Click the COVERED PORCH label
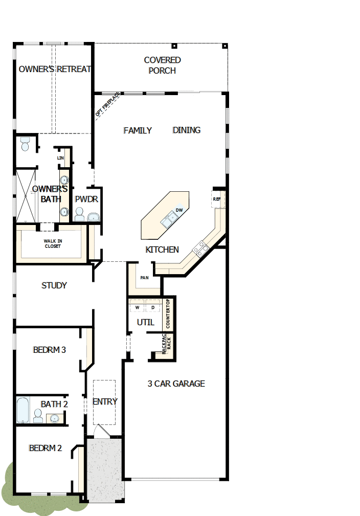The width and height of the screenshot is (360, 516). tap(162, 65)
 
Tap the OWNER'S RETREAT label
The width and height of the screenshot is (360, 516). tap(55, 69)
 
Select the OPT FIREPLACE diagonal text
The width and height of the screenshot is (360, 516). tap(107, 105)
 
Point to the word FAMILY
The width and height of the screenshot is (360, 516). tap(138, 130)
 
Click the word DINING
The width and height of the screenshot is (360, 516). tap(187, 130)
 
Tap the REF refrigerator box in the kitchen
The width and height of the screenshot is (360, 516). tap(217, 199)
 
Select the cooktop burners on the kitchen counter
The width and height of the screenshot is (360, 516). tap(200, 249)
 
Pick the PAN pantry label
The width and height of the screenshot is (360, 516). tap(144, 278)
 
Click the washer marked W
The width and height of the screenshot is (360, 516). tap(138, 307)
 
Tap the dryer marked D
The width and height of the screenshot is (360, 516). tap(152, 307)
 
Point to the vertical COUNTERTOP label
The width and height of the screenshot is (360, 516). tap(168, 315)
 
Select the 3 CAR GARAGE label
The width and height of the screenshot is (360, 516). tap(176, 384)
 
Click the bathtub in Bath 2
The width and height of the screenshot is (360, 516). tap(22, 410)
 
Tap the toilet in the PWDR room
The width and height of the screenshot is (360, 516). tap(80, 215)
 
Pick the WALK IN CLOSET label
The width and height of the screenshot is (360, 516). tap(52, 243)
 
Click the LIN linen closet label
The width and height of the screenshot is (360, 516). tap(60, 158)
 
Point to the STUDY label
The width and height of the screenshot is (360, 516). tap(54, 285)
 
